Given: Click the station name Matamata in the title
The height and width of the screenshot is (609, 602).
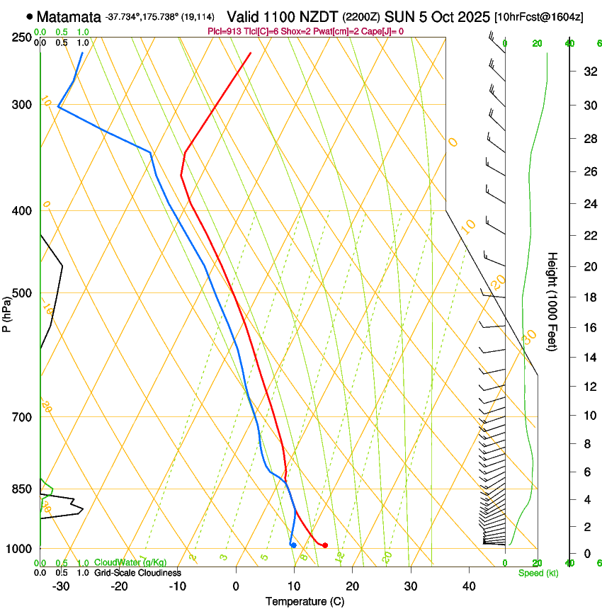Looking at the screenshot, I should coord(68,16).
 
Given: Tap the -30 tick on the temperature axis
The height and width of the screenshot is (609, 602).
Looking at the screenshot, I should coord(61,586).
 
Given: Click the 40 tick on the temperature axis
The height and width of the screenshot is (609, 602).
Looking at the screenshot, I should coord(468,586).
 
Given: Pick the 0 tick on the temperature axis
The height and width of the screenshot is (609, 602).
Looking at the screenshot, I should coord(236,586).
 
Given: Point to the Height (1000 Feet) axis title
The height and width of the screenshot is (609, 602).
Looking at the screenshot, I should coord(553,301).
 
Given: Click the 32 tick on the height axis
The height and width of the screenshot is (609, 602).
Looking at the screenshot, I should coord(589,71).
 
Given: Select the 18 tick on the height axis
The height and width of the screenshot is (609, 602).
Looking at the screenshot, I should coord(589,297).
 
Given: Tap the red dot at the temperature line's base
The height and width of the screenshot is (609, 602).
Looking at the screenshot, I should coord(324,545).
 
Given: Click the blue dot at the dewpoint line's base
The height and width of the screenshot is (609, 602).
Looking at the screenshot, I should coord(293,545).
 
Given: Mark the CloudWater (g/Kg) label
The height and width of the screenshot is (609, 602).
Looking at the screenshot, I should coord(130,562).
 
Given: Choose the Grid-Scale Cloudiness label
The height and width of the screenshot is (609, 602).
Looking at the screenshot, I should coord(137,572).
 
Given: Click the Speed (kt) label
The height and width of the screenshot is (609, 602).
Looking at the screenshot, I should coord(538,572).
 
